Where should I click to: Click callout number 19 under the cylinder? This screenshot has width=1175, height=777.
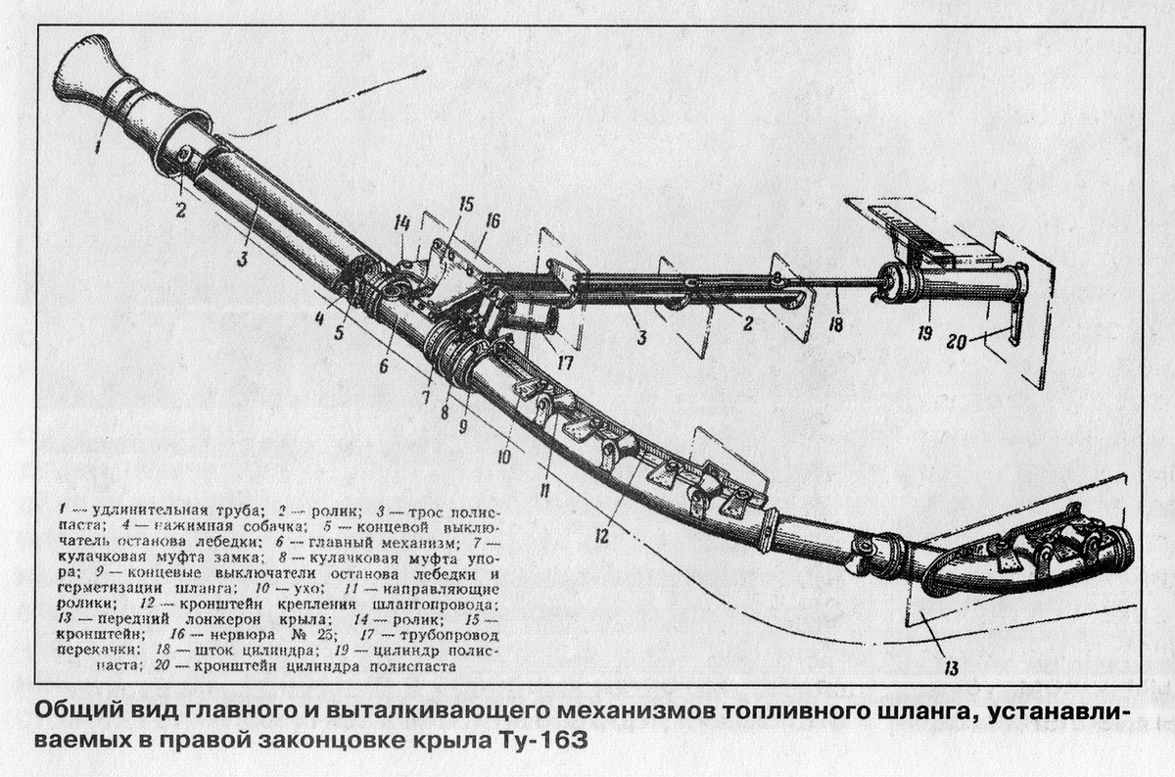(922, 333)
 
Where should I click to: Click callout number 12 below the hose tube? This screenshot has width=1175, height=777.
(599, 535)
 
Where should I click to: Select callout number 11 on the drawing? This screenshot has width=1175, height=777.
(543, 486)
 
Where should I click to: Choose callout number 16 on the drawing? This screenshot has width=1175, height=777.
(492, 222)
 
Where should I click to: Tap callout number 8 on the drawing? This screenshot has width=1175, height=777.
(445, 413)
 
